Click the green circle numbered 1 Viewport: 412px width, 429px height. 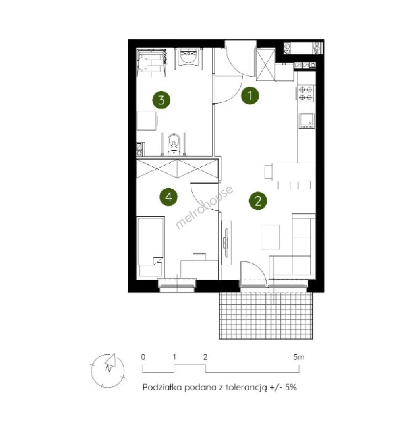coord(250,96)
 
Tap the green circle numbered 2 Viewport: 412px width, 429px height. coord(258,201)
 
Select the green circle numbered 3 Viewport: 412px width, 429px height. coord(161,100)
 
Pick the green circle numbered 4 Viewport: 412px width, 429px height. coord(168,197)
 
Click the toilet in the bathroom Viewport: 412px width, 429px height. coord(173,144)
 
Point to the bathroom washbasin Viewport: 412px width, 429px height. coord(188,57)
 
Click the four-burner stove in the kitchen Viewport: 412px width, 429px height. coord(306,93)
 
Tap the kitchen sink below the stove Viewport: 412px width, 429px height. coord(307,121)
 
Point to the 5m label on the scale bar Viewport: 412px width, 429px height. coord(299,357)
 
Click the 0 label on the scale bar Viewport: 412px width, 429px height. coord(143,357)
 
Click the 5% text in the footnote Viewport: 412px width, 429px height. coord(291,387)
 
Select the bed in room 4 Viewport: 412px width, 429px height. coord(151,247)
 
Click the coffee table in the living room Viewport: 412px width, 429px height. coord(270,237)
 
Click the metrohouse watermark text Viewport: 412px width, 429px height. coord(204,207)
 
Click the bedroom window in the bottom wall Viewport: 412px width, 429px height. coord(177,285)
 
